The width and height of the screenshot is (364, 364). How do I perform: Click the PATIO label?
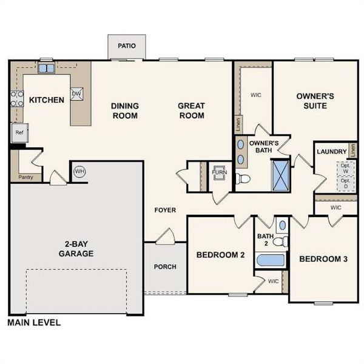(x=127, y=46)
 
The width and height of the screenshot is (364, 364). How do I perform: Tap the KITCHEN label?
(x=47, y=99)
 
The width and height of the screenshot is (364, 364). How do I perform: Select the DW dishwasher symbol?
(x=76, y=93)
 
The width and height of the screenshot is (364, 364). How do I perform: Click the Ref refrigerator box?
(x=19, y=132)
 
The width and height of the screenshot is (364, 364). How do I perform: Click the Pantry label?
(x=26, y=177)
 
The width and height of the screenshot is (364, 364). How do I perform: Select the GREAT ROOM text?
(x=191, y=110)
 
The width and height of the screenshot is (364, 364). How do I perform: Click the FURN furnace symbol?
(x=218, y=172)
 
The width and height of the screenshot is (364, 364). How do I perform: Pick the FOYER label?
(x=165, y=211)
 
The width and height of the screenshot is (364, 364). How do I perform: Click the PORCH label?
(x=165, y=266)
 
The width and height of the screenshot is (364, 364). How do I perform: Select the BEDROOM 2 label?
(x=220, y=255)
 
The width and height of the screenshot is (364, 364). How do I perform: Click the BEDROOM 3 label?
(x=323, y=259)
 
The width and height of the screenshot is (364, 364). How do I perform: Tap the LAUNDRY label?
(x=332, y=152)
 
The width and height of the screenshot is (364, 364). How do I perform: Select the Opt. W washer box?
(x=345, y=168)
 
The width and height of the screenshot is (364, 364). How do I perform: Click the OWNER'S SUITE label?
(x=312, y=101)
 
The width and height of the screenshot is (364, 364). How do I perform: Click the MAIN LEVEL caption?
(x=34, y=323)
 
